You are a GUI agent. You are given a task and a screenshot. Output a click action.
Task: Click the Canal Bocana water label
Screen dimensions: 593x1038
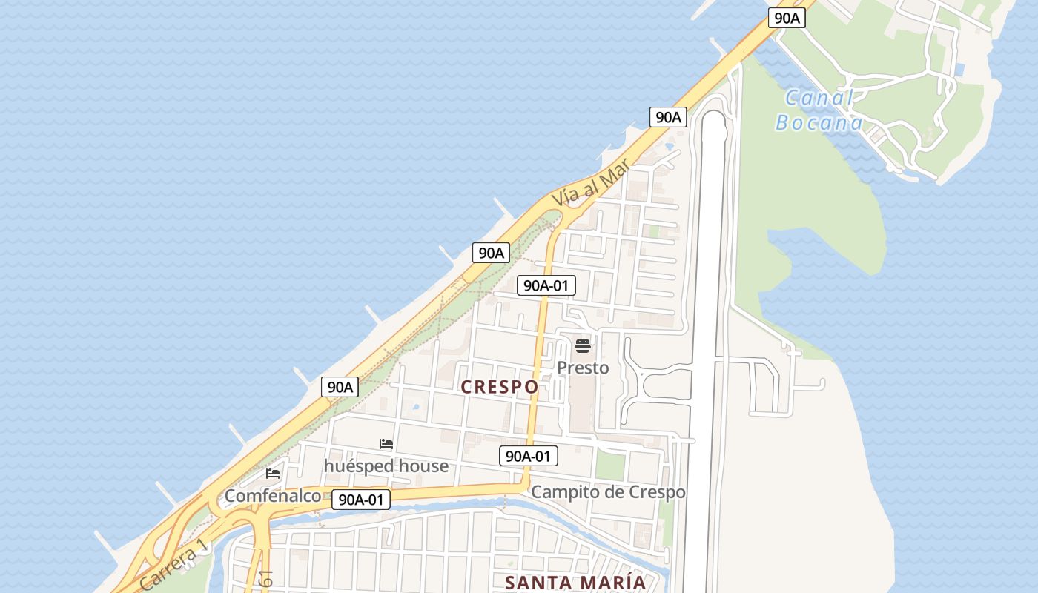(x=819, y=110)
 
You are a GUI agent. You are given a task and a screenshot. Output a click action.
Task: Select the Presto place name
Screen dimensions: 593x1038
(x=583, y=368)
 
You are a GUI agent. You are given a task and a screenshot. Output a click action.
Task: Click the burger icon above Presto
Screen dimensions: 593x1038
(x=583, y=346)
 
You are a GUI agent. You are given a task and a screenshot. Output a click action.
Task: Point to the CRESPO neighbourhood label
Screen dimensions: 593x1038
(x=500, y=387)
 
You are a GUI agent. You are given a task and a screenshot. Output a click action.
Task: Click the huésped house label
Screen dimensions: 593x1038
(x=386, y=466)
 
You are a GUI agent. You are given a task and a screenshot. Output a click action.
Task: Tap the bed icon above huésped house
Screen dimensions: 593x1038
(x=386, y=444)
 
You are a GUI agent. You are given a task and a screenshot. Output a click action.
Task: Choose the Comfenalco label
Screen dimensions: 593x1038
(x=273, y=496)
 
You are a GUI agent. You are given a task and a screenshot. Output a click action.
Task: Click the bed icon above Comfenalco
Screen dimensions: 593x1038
(x=273, y=474)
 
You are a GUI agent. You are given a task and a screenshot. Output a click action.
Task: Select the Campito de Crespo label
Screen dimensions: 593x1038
(x=608, y=491)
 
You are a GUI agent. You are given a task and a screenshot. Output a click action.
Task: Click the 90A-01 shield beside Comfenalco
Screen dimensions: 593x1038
(x=360, y=500)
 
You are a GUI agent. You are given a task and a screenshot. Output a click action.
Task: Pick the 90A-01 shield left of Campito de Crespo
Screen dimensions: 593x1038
(x=529, y=456)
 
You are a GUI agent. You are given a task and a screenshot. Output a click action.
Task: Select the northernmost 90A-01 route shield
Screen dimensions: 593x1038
(x=546, y=285)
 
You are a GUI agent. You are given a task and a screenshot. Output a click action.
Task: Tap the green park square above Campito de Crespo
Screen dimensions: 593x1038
(x=610, y=466)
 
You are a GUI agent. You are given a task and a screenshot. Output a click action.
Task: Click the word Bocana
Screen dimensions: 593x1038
(x=819, y=122)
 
